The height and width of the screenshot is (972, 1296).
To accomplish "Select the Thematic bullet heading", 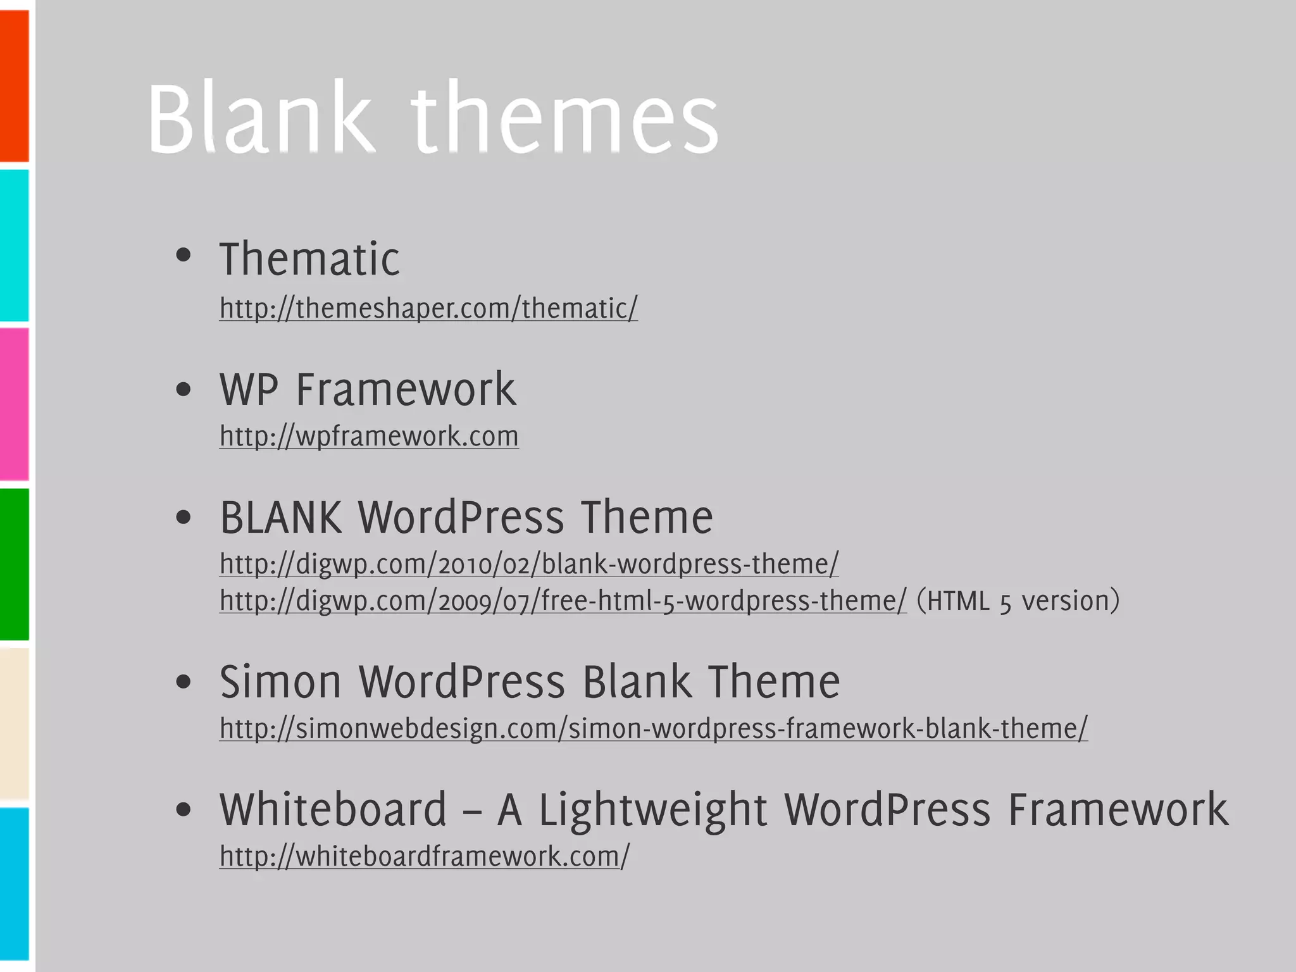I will (x=309, y=259).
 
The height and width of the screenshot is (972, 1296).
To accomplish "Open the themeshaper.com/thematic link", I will (x=428, y=309).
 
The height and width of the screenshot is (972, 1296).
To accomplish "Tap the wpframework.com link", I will (x=369, y=437).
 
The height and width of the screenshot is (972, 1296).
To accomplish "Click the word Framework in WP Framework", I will (x=406, y=389).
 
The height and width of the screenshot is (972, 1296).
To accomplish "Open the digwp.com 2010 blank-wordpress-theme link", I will (x=529, y=564).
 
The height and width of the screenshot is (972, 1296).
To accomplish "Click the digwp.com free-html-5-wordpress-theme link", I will (x=563, y=601).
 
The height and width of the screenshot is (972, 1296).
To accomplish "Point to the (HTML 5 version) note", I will (x=1018, y=601).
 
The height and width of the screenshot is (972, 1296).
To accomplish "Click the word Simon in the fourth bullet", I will (x=280, y=682).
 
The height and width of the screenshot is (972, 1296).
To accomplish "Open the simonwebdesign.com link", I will (x=653, y=728).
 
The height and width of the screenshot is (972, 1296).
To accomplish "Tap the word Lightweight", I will (x=653, y=811).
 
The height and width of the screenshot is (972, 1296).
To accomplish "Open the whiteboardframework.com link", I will (x=424, y=856).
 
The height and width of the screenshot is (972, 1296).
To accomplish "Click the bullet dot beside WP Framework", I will (x=184, y=389).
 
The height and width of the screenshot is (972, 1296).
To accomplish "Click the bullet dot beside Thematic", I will (x=184, y=256).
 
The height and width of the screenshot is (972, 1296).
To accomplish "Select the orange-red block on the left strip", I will (x=14, y=85).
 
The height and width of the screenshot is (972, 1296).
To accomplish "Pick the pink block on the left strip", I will (x=14, y=404).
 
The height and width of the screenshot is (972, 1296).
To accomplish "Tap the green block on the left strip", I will (x=14, y=563).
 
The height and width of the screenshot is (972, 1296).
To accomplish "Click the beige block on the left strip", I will (x=14, y=723).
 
